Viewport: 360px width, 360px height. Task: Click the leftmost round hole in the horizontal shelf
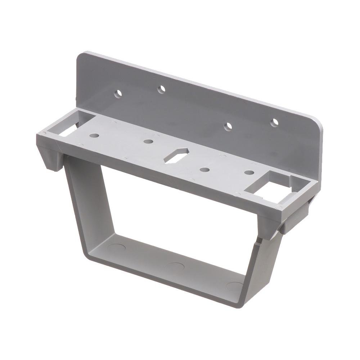pos(95,136)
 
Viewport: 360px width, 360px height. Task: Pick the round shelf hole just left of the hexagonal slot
pos(148,141)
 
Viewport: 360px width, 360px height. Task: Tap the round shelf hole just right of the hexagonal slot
pos(205,170)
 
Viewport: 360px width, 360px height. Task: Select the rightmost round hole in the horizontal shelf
pos(248,172)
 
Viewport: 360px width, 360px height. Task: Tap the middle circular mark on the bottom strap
pos(176,267)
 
